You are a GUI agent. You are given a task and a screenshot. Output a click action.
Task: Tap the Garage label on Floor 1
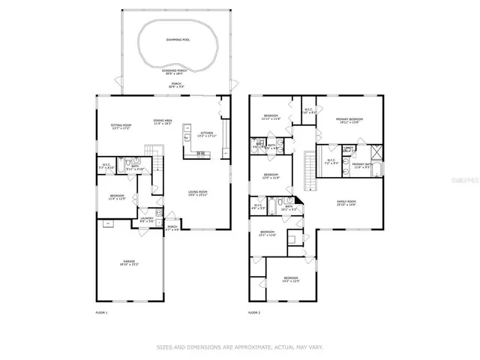(130, 262)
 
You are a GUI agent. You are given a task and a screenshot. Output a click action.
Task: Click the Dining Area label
(163, 121)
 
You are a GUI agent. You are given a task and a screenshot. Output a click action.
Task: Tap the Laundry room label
(148, 220)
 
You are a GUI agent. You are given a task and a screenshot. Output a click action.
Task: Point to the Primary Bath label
(362, 165)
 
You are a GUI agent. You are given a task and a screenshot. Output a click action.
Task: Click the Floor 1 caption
(101, 311)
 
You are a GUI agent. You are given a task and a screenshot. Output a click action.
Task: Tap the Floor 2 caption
(255, 311)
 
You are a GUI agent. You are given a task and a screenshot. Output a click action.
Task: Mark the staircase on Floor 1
(155, 158)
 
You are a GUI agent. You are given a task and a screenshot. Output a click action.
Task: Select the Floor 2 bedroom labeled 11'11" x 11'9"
(270, 117)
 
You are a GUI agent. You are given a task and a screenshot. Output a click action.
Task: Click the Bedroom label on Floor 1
(117, 197)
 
